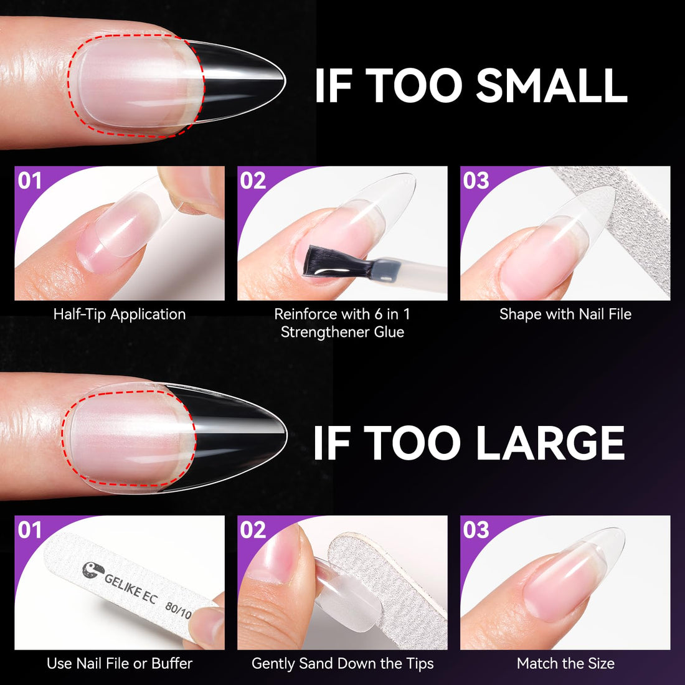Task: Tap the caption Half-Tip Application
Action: click(120, 314)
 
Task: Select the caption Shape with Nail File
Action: click(565, 314)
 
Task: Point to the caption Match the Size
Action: click(565, 664)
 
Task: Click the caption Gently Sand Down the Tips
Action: click(342, 664)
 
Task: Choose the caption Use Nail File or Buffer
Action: click(120, 664)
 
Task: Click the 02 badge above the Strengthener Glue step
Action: click(253, 181)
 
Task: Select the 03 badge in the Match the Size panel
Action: click(476, 530)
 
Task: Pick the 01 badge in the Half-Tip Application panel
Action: click(30, 181)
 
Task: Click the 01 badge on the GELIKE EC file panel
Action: click(30, 530)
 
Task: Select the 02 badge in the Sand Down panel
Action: click(253, 530)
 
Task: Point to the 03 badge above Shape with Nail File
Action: click(476, 181)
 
